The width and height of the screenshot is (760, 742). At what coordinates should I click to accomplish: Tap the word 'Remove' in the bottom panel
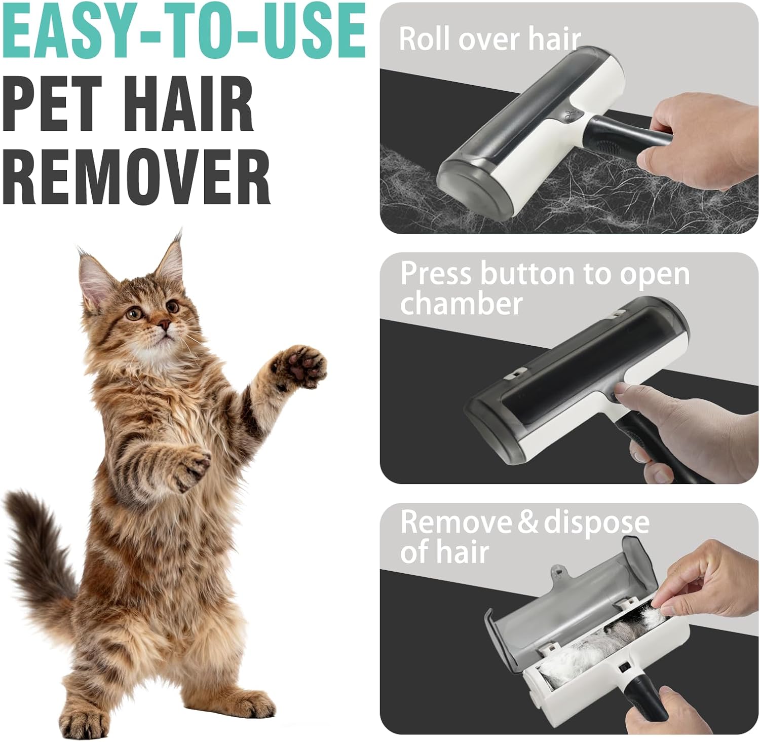pyautogui.click(x=454, y=522)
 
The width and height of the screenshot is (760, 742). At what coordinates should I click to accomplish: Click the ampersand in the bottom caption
pyautogui.click(x=528, y=523)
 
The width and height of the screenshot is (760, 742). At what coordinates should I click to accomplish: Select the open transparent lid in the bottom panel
pyautogui.click(x=562, y=603)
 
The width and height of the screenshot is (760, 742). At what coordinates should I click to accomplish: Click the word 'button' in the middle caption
pyautogui.click(x=527, y=274)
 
